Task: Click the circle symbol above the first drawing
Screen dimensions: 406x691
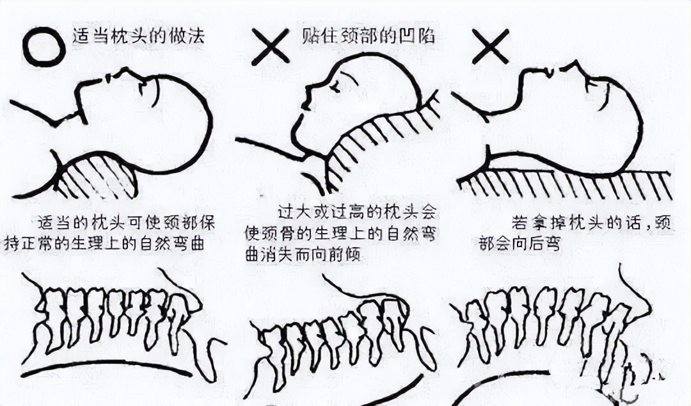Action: pyautogui.click(x=44, y=46)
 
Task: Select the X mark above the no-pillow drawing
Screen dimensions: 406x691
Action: pyautogui.click(x=490, y=46)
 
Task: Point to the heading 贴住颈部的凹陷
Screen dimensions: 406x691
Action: pyautogui.click(x=367, y=37)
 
